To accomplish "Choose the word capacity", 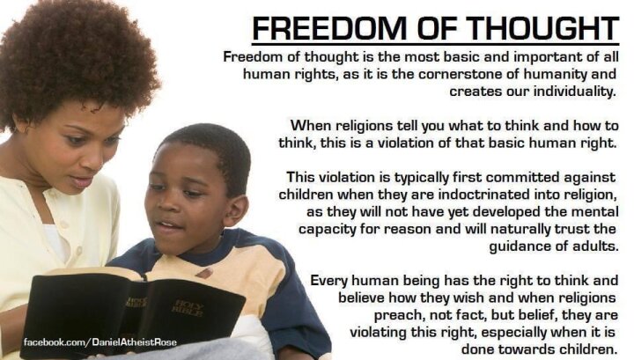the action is pyautogui.click(x=327, y=230).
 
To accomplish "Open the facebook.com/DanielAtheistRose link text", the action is pyautogui.click(x=100, y=342).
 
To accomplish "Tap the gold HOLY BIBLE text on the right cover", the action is pyautogui.click(x=188, y=307).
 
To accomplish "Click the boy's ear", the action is pyautogui.click(x=236, y=210).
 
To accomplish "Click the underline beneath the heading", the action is pyautogui.click(x=436, y=43).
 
